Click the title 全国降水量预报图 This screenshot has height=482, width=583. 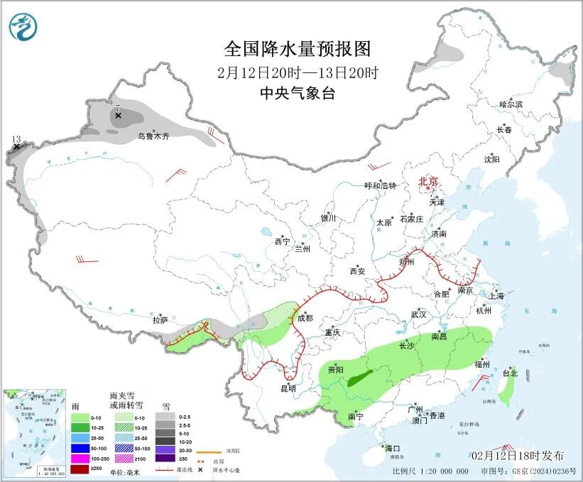coord(298,49)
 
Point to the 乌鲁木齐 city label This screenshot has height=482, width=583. coord(153,136)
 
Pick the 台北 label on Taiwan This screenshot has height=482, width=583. coord(510,373)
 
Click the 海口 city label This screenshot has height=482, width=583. coord(393,449)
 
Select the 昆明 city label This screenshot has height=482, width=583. coord(288,389)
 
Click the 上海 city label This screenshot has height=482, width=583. coord(496,295)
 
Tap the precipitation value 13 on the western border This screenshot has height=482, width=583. coord(16,139)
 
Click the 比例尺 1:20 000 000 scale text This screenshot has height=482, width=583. coord(430,471)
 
